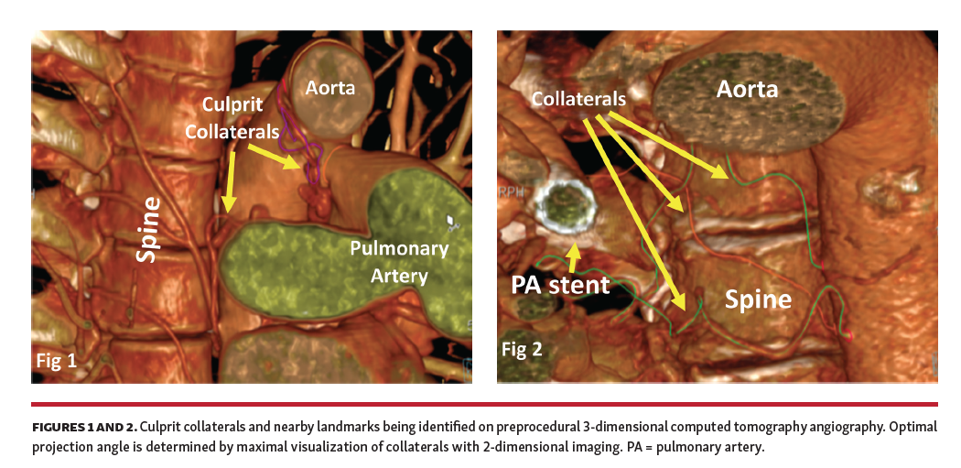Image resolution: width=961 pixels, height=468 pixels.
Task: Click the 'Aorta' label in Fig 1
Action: point(329,89)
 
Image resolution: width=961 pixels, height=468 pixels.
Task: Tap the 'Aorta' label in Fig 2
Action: point(747,89)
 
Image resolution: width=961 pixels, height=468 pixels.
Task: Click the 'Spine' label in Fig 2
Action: point(758,299)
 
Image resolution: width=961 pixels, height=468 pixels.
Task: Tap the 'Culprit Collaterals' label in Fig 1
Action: point(232,119)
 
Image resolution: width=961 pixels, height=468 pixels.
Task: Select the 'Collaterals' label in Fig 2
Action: point(578,98)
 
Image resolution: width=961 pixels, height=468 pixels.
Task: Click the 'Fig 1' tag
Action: point(58,360)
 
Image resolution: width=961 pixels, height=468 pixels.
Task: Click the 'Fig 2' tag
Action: point(522,349)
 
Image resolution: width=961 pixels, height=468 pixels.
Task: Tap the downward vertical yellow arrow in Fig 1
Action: point(229,180)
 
